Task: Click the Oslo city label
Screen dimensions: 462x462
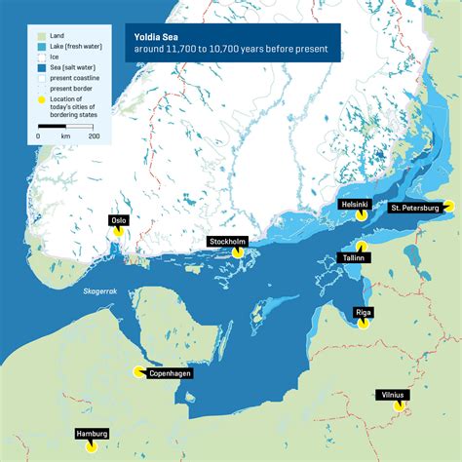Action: (120, 220)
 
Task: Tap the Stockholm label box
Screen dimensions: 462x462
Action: (227, 241)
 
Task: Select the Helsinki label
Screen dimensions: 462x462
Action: (354, 205)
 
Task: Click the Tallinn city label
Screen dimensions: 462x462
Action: (353, 258)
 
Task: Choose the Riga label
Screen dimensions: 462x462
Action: (364, 312)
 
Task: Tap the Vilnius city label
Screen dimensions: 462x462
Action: (393, 395)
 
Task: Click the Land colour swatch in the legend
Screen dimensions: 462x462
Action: (44, 36)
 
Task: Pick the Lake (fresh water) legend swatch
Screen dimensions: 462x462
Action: (44, 47)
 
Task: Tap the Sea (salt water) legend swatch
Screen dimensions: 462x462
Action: (44, 67)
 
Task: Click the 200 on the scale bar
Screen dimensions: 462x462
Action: (94, 135)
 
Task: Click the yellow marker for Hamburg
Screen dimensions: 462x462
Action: (90, 446)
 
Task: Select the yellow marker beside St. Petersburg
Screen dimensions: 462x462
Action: (447, 207)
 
